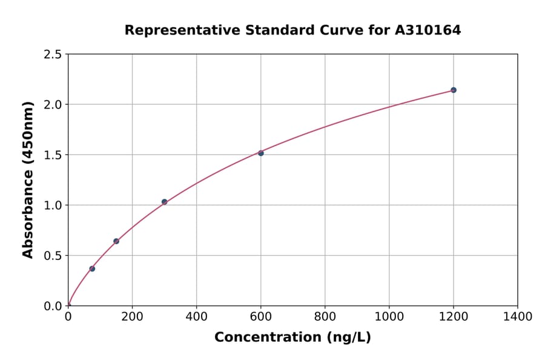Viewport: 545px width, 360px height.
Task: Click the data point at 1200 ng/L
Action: pyautogui.click(x=454, y=90)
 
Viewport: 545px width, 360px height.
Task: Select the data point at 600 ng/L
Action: pyautogui.click(x=261, y=153)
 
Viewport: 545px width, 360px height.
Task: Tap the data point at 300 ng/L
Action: pyautogui.click(x=164, y=202)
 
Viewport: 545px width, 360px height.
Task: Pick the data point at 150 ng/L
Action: pyautogui.click(x=116, y=241)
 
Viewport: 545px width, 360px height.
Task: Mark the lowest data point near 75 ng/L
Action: pyautogui.click(x=92, y=268)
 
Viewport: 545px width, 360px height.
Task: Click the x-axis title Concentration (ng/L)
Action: pyautogui.click(x=292, y=338)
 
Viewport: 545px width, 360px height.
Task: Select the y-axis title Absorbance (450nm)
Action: pyautogui.click(x=28, y=179)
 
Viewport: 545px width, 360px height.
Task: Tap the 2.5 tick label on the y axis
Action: pyautogui.click(x=53, y=55)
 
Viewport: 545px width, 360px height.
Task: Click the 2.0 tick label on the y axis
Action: pyautogui.click(x=53, y=105)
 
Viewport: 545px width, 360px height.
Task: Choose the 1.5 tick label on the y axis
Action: pyautogui.click(x=53, y=155)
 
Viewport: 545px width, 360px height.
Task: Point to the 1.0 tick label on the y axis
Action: pyautogui.click(x=53, y=205)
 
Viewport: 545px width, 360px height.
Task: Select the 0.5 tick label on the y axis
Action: pyautogui.click(x=53, y=256)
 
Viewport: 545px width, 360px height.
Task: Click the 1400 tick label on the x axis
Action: pyautogui.click(x=517, y=316)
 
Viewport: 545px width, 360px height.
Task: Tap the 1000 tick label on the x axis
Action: pyautogui.click(x=389, y=316)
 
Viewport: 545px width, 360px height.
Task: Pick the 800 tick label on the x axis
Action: pyautogui.click(x=325, y=316)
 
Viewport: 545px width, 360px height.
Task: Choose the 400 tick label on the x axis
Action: pyautogui.click(x=196, y=316)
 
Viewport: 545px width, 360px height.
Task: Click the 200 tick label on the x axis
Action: pyautogui.click(x=132, y=316)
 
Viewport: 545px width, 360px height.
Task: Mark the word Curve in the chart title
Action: pyautogui.click(x=354, y=30)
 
